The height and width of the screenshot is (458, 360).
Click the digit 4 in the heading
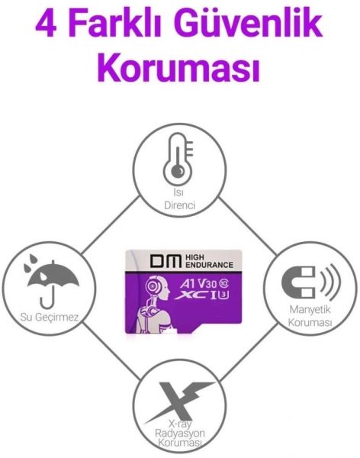tap(47, 24)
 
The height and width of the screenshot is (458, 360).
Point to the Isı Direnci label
tap(179, 198)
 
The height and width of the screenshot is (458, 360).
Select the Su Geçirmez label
tap(50, 317)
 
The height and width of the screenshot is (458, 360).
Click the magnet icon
tap(299, 282)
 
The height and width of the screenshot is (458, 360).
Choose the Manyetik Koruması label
tap(310, 316)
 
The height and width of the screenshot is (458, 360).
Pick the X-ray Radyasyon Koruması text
tap(180, 433)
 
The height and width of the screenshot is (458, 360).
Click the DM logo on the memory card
tap(165, 261)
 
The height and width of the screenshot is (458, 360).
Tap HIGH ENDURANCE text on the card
tap(209, 261)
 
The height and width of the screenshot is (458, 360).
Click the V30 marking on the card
tap(208, 283)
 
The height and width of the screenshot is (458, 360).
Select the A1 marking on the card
tap(185, 283)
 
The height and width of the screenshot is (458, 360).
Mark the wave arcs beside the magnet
tap(330, 282)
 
